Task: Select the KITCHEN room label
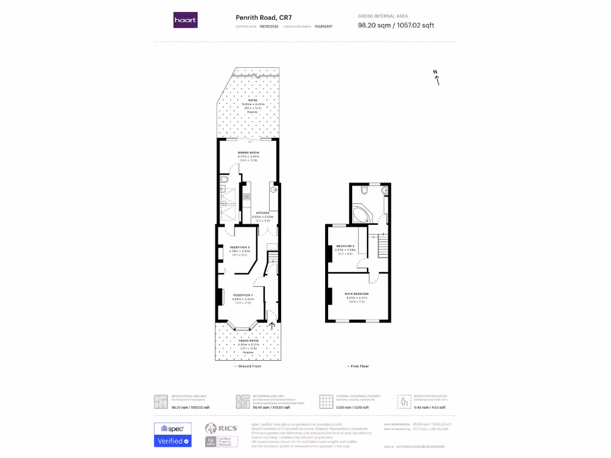tap(263, 213)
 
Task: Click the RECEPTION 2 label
tap(239, 246)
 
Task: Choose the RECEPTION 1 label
tap(243, 295)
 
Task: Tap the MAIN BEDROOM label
tap(356, 294)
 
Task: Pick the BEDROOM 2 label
tap(345, 246)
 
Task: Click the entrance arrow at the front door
tap(273, 326)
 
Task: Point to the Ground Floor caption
tap(249, 366)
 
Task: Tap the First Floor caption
tap(358, 366)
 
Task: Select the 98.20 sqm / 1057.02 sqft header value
tap(396, 26)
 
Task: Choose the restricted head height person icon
tap(405, 401)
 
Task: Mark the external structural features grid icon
tap(325, 401)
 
